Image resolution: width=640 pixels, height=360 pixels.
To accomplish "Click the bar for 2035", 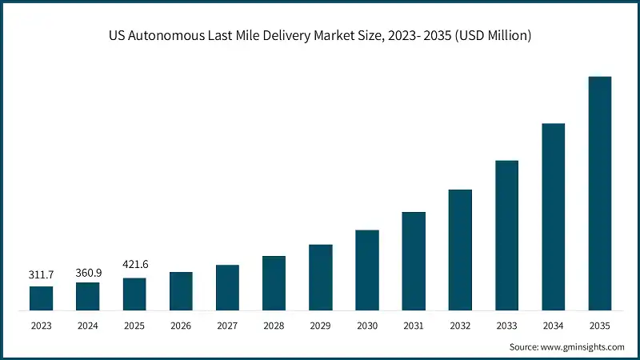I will coord(600,194).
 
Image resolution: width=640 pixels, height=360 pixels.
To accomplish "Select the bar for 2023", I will coord(41,298).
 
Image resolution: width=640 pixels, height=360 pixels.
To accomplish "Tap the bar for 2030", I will coord(367,270).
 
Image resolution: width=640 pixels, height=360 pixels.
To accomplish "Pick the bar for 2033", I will coord(506,235).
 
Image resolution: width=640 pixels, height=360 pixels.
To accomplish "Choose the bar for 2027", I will coord(227,287).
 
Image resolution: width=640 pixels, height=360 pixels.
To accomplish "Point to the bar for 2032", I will coord(460,250).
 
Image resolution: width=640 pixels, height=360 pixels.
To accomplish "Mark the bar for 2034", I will coord(554,217).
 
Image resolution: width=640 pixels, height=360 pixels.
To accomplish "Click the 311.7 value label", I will coord(41,274).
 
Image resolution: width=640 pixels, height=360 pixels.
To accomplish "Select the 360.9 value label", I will coord(88,271).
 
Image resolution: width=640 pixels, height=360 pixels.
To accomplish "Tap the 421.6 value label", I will coord(134,265).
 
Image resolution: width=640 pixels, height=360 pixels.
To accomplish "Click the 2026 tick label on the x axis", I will coord(181,325).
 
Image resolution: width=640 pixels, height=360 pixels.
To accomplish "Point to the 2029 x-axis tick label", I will coord(320,325).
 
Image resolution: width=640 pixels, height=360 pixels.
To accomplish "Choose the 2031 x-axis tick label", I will coord(414,325).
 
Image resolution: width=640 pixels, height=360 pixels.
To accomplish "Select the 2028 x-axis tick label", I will coord(274,325).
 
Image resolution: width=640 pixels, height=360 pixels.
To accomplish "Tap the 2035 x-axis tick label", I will coord(600,325).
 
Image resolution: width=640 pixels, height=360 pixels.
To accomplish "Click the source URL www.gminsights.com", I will coord(582,346).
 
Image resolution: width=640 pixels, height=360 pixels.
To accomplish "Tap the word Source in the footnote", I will coord(523,346).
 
